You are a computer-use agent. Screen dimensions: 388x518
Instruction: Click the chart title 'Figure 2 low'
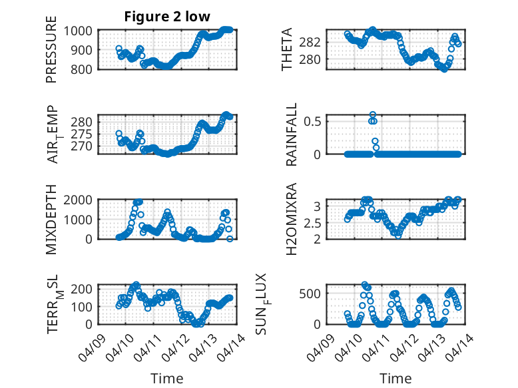(167, 17)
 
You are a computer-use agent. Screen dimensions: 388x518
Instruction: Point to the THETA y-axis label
(287, 50)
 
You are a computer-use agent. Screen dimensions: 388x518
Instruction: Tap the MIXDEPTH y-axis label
(51, 220)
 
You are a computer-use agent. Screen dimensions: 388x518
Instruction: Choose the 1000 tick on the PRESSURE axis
(82, 31)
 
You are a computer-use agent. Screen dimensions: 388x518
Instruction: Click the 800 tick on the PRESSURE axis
(85, 69)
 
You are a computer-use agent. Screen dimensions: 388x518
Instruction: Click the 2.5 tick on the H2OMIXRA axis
(316, 222)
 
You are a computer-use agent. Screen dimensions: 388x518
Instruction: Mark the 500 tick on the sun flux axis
(316, 293)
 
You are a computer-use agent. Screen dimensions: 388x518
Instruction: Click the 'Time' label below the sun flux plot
(395, 378)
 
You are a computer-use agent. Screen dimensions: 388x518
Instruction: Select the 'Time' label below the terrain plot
(167, 378)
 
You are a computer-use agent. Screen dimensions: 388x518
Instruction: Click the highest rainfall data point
(373, 114)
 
